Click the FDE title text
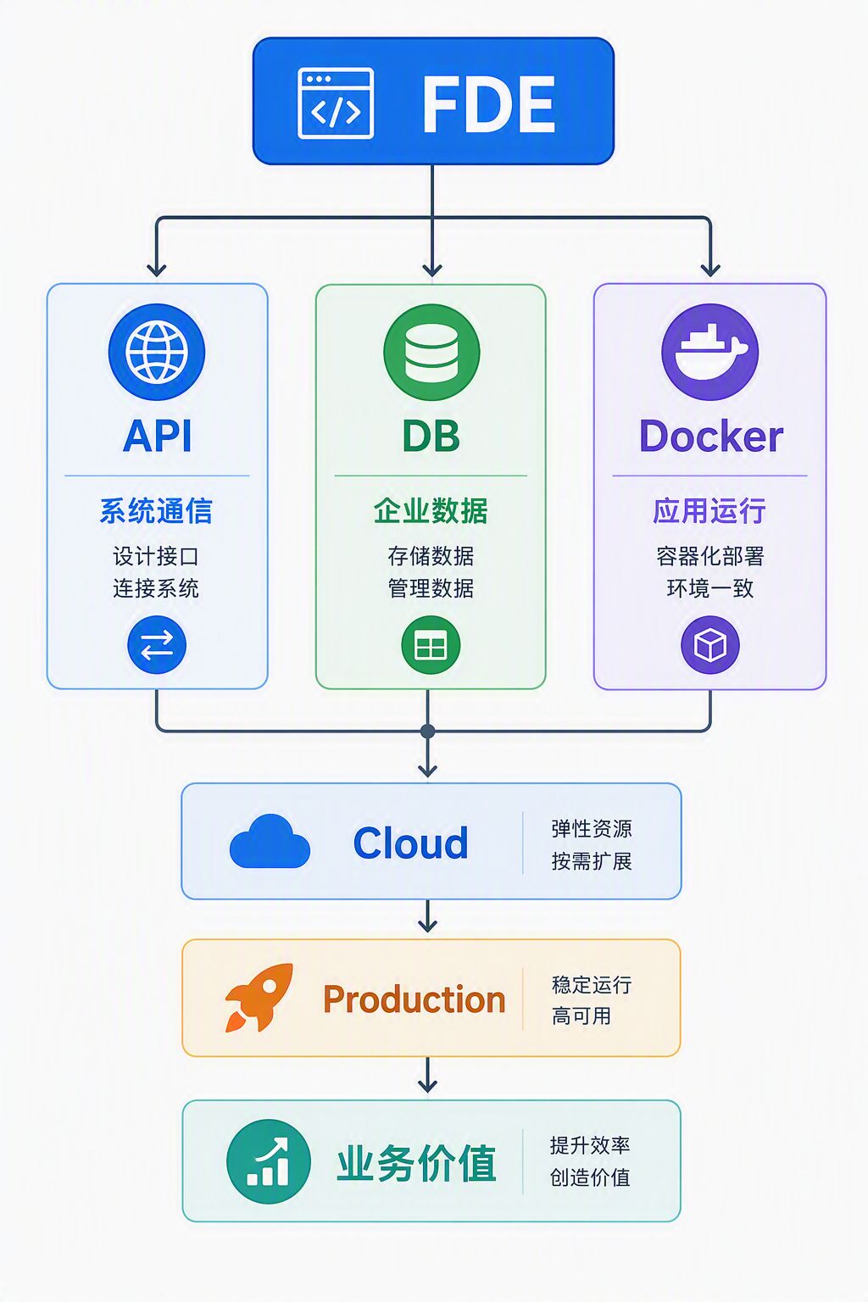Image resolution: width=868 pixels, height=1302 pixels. point(488,104)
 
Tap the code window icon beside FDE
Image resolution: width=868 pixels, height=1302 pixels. point(336,103)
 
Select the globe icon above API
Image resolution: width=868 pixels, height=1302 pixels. point(156,353)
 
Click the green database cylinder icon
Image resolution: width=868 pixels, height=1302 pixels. point(431,353)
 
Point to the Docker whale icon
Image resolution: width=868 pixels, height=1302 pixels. point(709,353)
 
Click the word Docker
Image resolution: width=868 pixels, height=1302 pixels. point(711,436)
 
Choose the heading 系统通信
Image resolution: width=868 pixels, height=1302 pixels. point(156,511)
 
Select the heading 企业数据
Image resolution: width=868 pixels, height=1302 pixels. point(431,511)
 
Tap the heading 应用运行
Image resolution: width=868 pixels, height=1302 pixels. point(709,511)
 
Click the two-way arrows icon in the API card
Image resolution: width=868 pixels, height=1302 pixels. point(157,645)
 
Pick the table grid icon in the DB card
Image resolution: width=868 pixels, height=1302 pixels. point(431,645)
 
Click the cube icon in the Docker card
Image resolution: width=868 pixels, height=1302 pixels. point(709,645)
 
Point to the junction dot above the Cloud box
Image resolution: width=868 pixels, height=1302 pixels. point(428,732)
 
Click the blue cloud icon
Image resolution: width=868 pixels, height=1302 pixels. point(270,842)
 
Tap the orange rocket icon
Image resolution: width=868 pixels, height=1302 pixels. point(259,998)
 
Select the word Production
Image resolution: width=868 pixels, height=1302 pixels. point(414,999)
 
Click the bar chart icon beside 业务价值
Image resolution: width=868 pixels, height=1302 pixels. point(269,1161)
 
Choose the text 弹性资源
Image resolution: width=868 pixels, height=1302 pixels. point(592,829)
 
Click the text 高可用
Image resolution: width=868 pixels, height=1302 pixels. point(581,1016)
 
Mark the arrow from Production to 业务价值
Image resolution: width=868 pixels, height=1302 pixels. point(428,1075)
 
